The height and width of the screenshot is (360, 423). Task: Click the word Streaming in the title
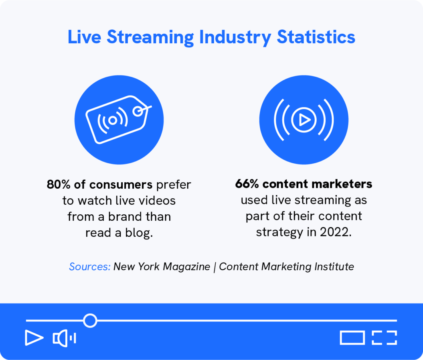pos(150,38)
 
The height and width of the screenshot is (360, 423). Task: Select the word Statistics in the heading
pos(316,38)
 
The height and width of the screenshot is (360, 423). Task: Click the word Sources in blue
pos(89,266)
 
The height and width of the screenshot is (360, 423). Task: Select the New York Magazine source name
pos(162,266)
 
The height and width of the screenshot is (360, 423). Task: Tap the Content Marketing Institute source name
pos(286,266)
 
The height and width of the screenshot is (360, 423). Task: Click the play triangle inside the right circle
pos(304,120)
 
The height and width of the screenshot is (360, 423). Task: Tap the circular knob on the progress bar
pos(90,320)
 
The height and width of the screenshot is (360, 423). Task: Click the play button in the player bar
pos(34,338)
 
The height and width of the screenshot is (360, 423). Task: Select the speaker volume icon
pos(64,338)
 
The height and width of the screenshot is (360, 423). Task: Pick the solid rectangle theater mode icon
pos(352,338)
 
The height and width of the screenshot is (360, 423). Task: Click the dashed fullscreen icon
pos(384,338)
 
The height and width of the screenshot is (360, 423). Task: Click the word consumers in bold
pos(121,185)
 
